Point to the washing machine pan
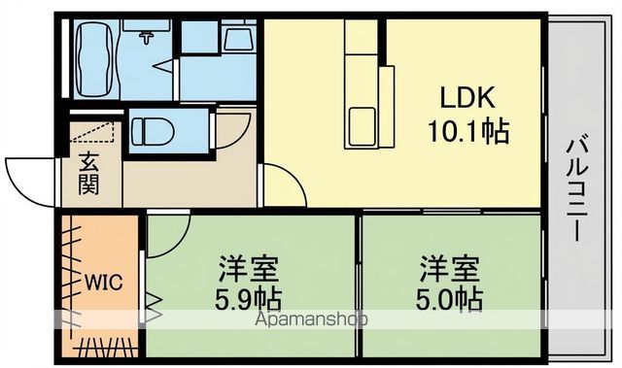point(237,39)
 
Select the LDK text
point(470,97)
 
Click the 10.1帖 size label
point(470,131)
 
